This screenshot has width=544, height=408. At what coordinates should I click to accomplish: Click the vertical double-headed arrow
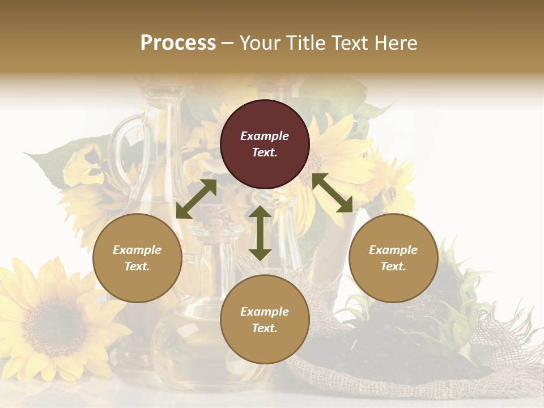[x=260, y=233]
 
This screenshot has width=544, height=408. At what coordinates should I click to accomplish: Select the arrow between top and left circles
[x=196, y=199]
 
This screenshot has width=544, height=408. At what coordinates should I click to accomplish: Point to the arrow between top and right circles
[x=332, y=193]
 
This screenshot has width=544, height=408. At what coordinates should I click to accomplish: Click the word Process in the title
[x=178, y=42]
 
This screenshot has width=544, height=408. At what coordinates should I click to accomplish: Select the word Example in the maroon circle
[x=265, y=136]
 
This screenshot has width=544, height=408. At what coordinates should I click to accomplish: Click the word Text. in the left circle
[x=137, y=266]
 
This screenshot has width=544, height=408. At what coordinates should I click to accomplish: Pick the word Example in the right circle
[x=393, y=250]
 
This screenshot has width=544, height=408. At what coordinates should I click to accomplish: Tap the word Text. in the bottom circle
[x=265, y=328]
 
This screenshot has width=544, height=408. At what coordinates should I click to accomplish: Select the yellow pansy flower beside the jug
[x=86, y=164]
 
